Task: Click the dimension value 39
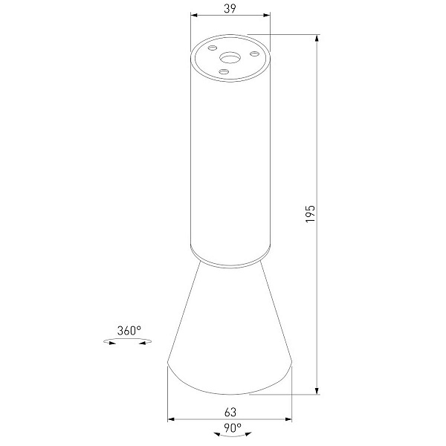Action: click(x=230, y=8)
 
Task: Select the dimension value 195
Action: click(x=310, y=213)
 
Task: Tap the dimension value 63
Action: click(x=230, y=412)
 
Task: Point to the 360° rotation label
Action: click(x=129, y=331)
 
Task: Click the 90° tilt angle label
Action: click(x=233, y=428)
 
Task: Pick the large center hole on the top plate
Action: click(x=230, y=58)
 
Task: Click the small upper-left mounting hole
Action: click(x=212, y=48)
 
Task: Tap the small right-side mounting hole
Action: click(x=254, y=54)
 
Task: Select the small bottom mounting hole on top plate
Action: click(x=224, y=71)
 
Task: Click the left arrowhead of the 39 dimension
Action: click(x=194, y=15)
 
